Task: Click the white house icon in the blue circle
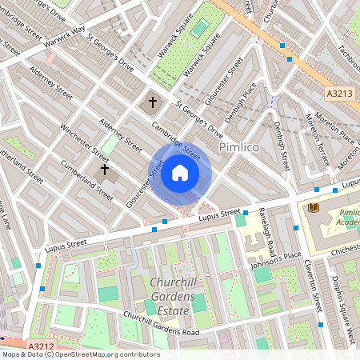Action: point(180,173)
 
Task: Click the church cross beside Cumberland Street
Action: point(103,170)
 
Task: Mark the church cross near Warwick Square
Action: point(153,102)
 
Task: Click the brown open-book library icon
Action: point(313,208)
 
